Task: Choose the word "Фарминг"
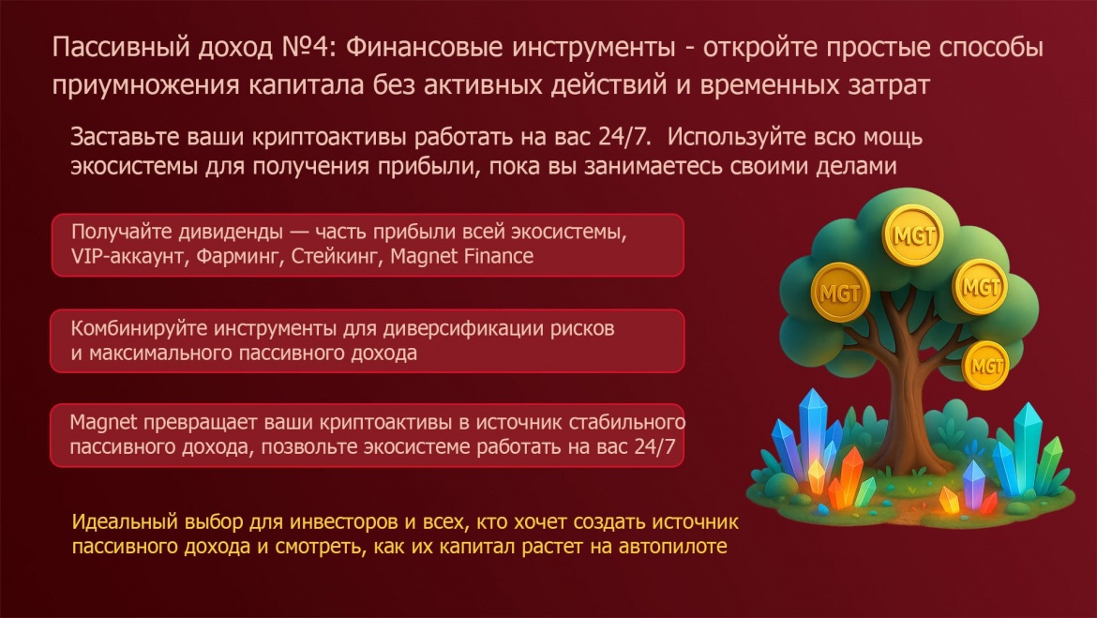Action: (x=239, y=256)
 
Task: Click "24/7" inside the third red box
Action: (x=654, y=446)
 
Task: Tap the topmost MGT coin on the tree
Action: (x=913, y=235)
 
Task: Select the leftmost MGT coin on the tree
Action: (x=840, y=293)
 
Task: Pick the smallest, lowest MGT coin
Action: (x=985, y=366)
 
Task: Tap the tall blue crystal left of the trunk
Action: (x=812, y=427)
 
